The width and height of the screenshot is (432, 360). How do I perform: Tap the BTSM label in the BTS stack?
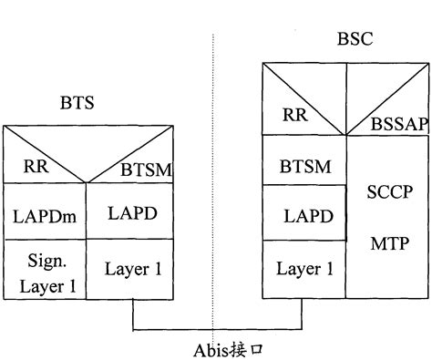(145, 169)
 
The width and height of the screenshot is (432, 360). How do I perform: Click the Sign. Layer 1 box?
(44, 270)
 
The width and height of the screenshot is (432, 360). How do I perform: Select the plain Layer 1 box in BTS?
(129, 270)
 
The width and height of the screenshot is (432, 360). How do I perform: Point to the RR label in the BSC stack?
(294, 114)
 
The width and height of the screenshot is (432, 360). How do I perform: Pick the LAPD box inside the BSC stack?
(304, 216)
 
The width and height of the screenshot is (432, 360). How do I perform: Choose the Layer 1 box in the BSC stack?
(304, 269)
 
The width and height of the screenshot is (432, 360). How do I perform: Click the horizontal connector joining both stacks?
(219, 328)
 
